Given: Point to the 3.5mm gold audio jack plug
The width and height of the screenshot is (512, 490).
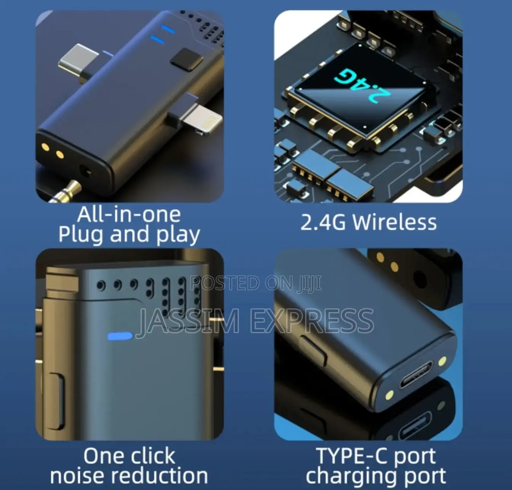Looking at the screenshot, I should coord(67,191).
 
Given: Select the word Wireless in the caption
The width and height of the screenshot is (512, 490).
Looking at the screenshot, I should coord(394,222).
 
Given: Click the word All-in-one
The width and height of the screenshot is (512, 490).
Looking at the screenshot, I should coord(129,214).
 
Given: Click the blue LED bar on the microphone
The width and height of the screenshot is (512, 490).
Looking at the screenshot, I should coord(120,336).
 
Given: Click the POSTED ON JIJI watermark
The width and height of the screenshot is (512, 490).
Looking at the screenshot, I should coord(256,283).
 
